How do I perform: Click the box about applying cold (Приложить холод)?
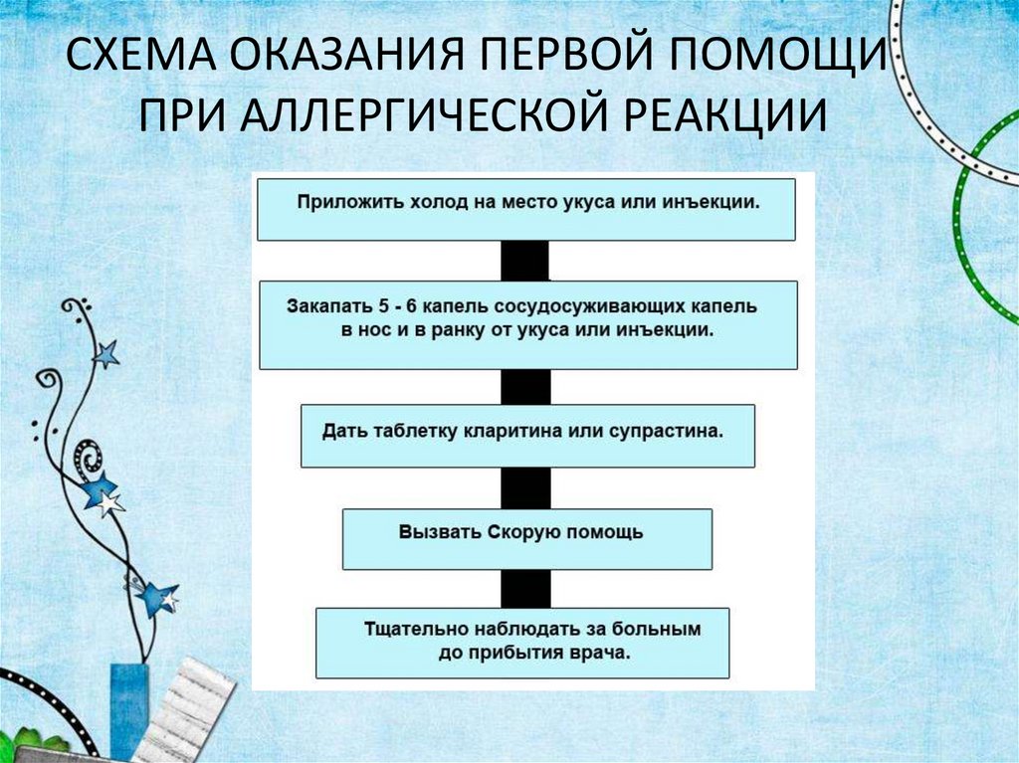[525, 209]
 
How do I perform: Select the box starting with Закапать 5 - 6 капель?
[527, 324]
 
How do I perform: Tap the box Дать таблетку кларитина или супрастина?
[527, 435]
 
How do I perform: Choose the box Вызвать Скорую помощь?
[526, 539]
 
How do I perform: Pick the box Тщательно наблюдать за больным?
[522, 643]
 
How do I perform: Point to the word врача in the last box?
[603, 654]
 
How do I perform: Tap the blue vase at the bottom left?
[128, 711]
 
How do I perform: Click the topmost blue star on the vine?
[105, 353]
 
